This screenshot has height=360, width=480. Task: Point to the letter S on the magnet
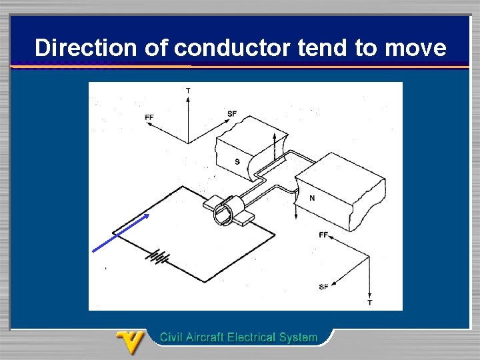click(237, 161)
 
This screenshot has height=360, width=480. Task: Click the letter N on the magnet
click(311, 198)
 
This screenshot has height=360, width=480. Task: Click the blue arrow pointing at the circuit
click(120, 233)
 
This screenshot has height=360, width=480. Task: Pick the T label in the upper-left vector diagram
click(188, 90)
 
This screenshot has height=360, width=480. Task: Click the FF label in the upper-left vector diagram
click(149, 117)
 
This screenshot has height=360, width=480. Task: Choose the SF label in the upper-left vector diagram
click(231, 114)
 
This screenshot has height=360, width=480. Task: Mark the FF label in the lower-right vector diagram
click(323, 235)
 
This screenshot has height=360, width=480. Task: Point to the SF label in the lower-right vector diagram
click(323, 287)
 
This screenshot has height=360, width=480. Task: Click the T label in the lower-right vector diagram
click(370, 303)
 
